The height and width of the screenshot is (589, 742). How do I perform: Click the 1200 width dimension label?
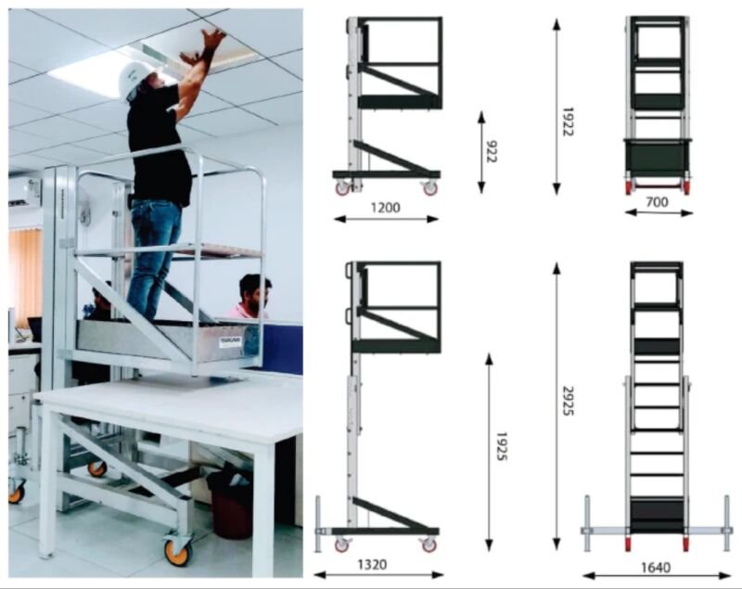click(385, 208)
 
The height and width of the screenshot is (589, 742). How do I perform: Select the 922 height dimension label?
click(492, 151)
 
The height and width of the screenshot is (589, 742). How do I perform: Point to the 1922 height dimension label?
click(567, 122)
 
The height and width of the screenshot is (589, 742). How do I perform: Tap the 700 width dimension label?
click(658, 202)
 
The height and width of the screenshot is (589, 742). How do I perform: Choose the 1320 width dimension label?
click(372, 564)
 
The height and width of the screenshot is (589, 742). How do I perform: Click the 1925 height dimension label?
click(501, 446)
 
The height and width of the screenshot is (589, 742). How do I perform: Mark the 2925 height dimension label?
click(568, 401)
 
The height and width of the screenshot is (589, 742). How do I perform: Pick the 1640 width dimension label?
click(656, 568)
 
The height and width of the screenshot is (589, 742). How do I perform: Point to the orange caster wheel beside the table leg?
click(178, 550)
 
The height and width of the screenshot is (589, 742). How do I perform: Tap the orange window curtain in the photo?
click(25, 275)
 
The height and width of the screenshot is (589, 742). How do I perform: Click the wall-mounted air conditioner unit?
click(24, 192)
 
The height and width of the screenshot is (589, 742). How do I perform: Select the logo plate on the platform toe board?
click(230, 341)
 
